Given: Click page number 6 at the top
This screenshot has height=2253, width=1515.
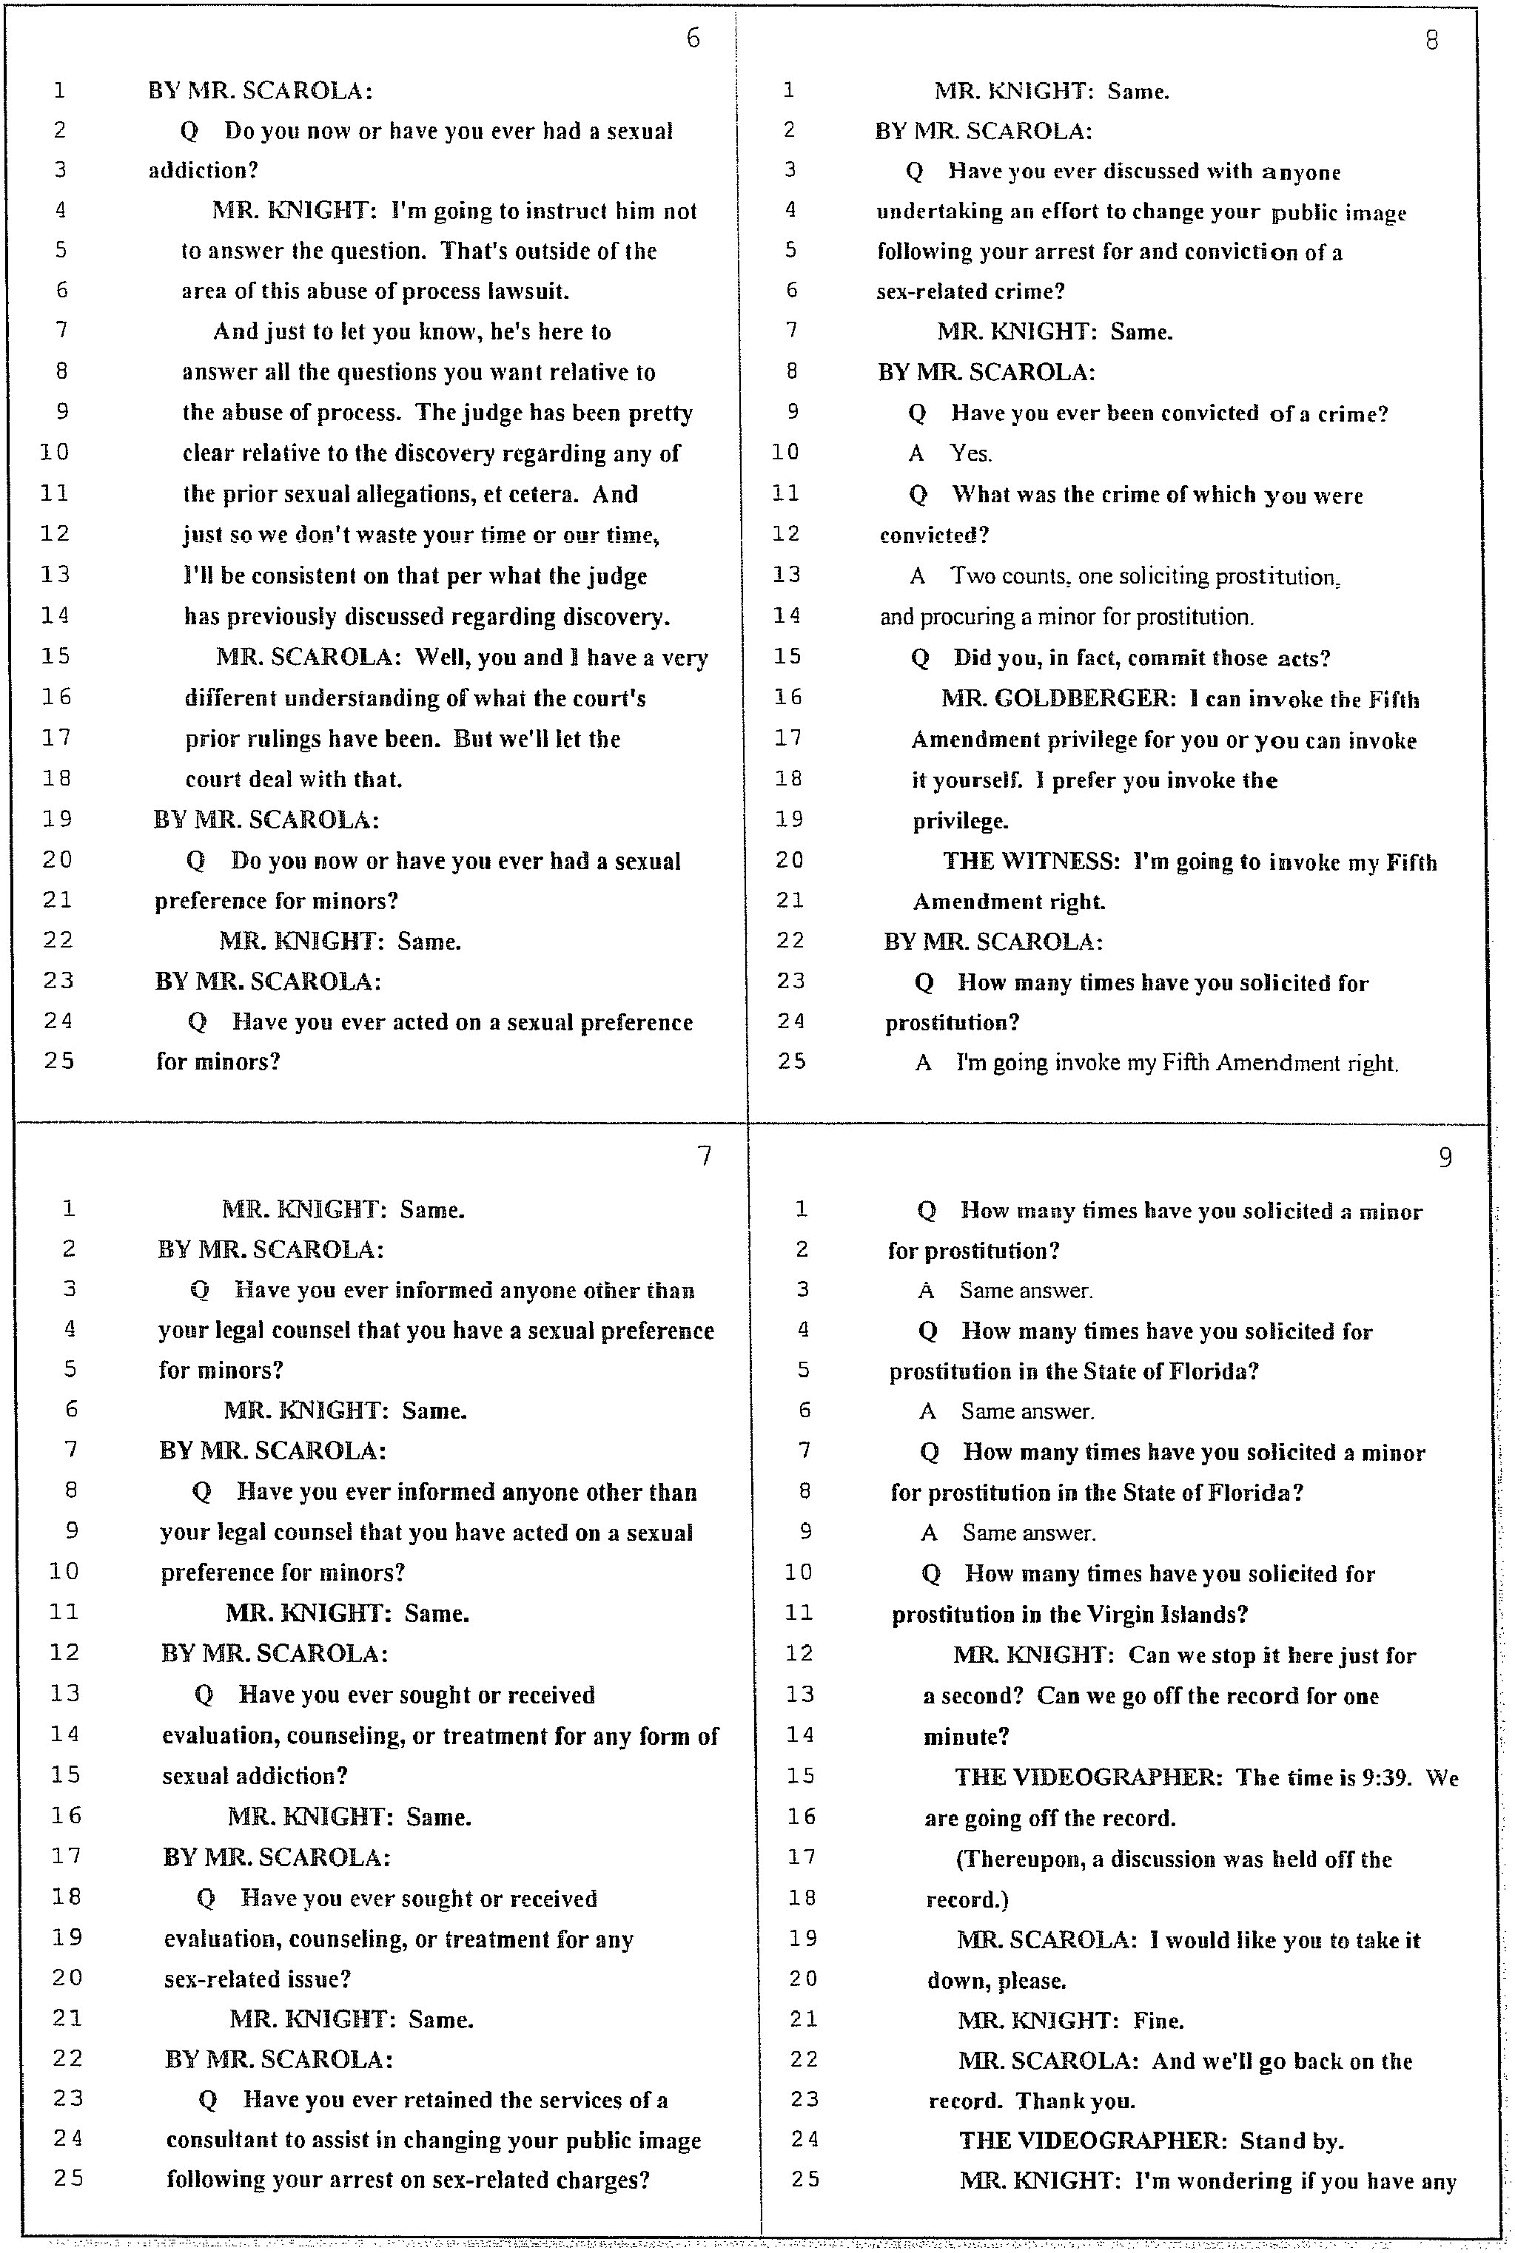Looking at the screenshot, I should (x=693, y=38).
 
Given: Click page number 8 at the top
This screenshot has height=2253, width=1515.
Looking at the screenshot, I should (x=1432, y=41).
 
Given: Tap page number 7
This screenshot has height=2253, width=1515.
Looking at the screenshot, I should (x=705, y=1156).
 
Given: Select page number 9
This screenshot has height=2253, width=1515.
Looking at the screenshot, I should (x=1445, y=1158).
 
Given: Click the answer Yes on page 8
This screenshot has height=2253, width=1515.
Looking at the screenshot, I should (x=971, y=453).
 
